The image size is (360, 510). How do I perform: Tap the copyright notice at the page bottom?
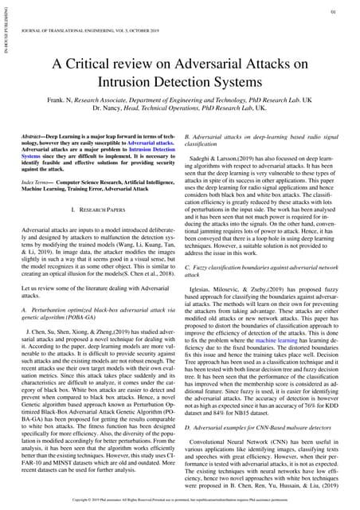[x=180, y=502]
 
